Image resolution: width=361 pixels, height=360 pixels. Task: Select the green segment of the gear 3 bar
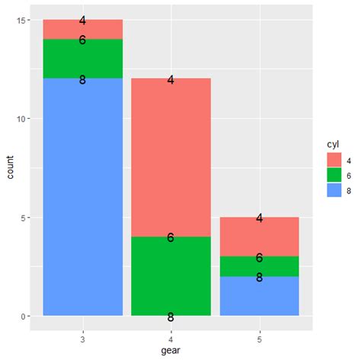tap(82, 59)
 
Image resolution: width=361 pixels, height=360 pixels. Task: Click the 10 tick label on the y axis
tap(21, 119)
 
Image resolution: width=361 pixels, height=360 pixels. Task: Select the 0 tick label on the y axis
tap(23, 316)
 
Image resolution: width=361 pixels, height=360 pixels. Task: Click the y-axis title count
tap(8, 167)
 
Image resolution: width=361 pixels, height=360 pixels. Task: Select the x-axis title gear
tap(171, 351)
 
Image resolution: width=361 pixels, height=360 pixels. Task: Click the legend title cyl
tap(332, 144)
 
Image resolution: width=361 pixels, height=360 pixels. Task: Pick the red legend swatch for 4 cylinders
tap(334, 159)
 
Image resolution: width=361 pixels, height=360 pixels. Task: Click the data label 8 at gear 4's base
tap(171, 317)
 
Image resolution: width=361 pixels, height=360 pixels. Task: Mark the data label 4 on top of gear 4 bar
tap(171, 79)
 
